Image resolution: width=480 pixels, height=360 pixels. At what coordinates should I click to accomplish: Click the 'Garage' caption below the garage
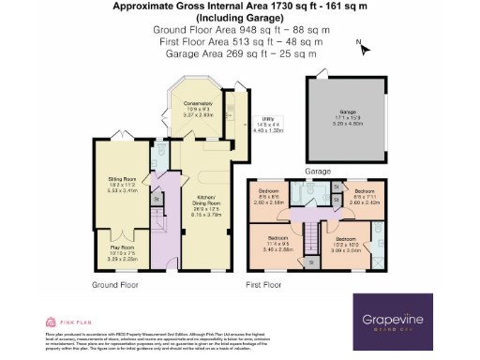[319, 172]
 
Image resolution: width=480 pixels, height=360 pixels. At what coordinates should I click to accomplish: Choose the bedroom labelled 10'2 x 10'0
[344, 244]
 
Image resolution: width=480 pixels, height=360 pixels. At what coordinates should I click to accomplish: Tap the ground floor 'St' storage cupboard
[157, 198]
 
